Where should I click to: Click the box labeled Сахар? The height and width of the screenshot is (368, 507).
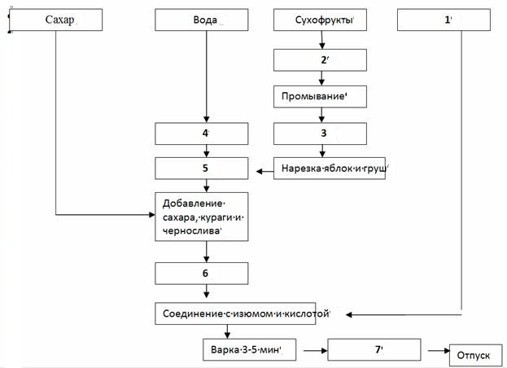pyautogui.click(x=56, y=20)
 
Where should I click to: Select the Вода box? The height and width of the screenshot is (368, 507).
pyautogui.click(x=202, y=20)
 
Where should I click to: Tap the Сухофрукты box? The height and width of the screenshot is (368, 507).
pyautogui.click(x=320, y=20)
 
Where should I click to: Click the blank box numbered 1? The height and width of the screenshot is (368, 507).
pyautogui.click(x=444, y=20)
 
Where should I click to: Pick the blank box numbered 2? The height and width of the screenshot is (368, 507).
pyautogui.click(x=320, y=60)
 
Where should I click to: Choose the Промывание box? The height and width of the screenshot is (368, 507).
pyautogui.click(x=320, y=97)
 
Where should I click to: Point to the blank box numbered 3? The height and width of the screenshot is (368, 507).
pyautogui.click(x=320, y=134)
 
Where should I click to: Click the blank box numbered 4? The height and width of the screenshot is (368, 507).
pyautogui.click(x=202, y=134)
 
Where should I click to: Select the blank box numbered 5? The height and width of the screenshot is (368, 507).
pyautogui.click(x=202, y=169)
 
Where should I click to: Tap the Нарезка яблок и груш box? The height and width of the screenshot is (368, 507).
pyautogui.click(x=330, y=169)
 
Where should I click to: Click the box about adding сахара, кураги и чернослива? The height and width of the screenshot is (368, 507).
pyautogui.click(x=202, y=217)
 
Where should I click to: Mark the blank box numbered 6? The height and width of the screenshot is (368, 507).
pyautogui.click(x=202, y=274)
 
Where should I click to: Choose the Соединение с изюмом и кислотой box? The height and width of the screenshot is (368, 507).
pyautogui.click(x=235, y=313)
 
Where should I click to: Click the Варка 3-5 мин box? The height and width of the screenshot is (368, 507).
pyautogui.click(x=250, y=349)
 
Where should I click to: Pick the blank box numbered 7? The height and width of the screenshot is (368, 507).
pyautogui.click(x=374, y=349)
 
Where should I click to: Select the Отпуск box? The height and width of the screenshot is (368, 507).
pyautogui.click(x=476, y=355)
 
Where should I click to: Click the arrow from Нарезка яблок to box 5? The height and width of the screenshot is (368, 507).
pyautogui.click(x=264, y=172)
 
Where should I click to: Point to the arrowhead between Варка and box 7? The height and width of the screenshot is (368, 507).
pyautogui.click(x=325, y=350)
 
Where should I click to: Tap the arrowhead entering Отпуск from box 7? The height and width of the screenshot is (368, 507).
pyautogui.click(x=447, y=351)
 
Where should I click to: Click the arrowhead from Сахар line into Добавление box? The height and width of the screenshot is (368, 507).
pyautogui.click(x=151, y=214)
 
